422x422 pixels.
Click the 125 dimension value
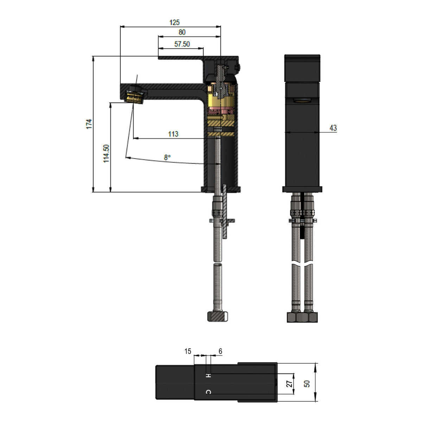coord(174,23)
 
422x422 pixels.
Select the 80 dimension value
coord(182,32)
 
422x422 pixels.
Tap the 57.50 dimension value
coord(182,44)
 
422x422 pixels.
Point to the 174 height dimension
coord(89,124)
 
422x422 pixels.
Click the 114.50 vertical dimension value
coord(106,154)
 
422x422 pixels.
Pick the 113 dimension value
coord(173,134)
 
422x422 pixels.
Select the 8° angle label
coord(167,158)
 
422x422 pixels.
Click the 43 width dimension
coord(333,128)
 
